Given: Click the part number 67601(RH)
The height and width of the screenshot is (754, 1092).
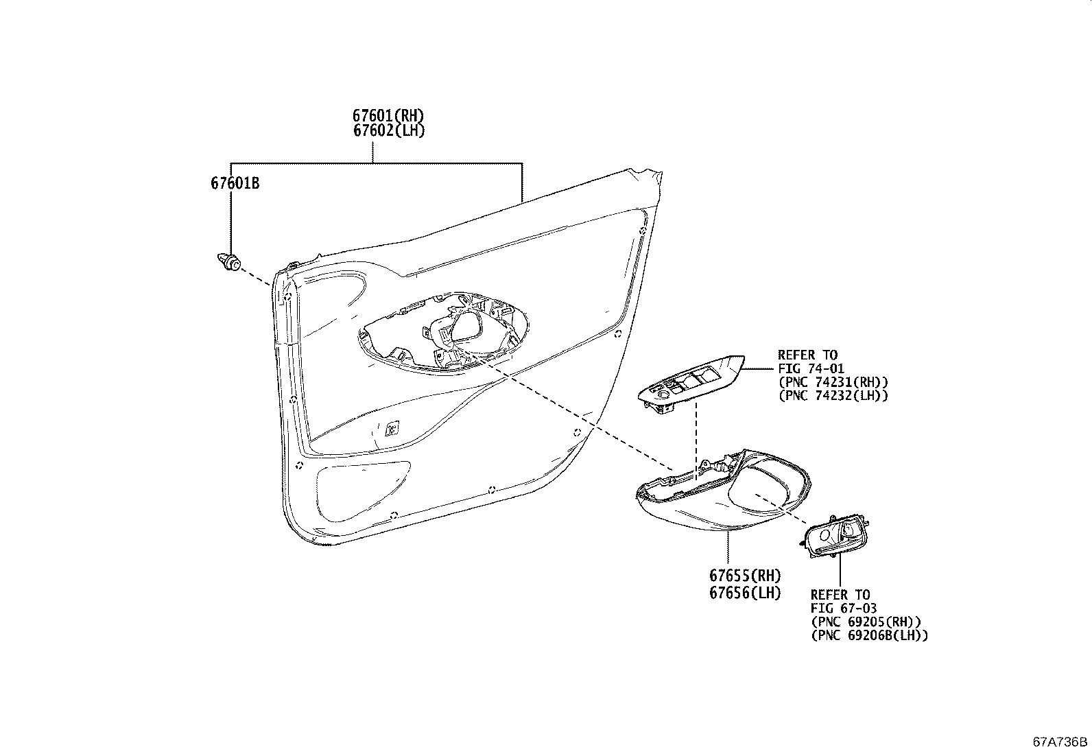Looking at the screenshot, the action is point(388,115).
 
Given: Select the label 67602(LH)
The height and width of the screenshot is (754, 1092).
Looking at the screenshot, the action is point(389,131).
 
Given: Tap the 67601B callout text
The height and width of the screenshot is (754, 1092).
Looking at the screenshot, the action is point(235,183).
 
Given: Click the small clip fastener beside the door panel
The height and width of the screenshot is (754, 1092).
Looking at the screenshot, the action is point(228,262).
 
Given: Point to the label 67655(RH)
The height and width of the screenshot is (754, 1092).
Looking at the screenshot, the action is point(745,576).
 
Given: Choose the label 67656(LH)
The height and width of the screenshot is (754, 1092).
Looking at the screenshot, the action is point(745,593).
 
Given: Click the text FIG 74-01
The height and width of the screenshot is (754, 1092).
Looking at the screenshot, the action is point(811,368).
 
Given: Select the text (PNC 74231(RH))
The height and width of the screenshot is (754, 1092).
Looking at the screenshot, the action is point(833,382).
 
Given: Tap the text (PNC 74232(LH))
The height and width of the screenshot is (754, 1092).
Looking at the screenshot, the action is point(833,396).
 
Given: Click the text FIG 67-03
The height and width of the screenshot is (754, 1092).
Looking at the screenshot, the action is point(844,608).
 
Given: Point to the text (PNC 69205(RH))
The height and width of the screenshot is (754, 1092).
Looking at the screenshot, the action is point(866,622).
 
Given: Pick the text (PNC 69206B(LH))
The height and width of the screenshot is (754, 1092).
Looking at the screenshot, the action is point(870,635).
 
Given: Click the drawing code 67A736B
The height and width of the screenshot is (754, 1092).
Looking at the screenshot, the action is point(1060,742).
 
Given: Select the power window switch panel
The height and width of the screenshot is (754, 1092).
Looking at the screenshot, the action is point(691,384).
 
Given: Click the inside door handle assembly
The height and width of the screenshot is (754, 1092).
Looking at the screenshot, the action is point(835,537).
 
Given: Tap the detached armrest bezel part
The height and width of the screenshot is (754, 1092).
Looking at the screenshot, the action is point(724,490).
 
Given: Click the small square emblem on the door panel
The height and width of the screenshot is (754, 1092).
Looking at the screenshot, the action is point(392,428).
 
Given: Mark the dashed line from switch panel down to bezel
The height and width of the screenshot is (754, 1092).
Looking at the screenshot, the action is point(696,441).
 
